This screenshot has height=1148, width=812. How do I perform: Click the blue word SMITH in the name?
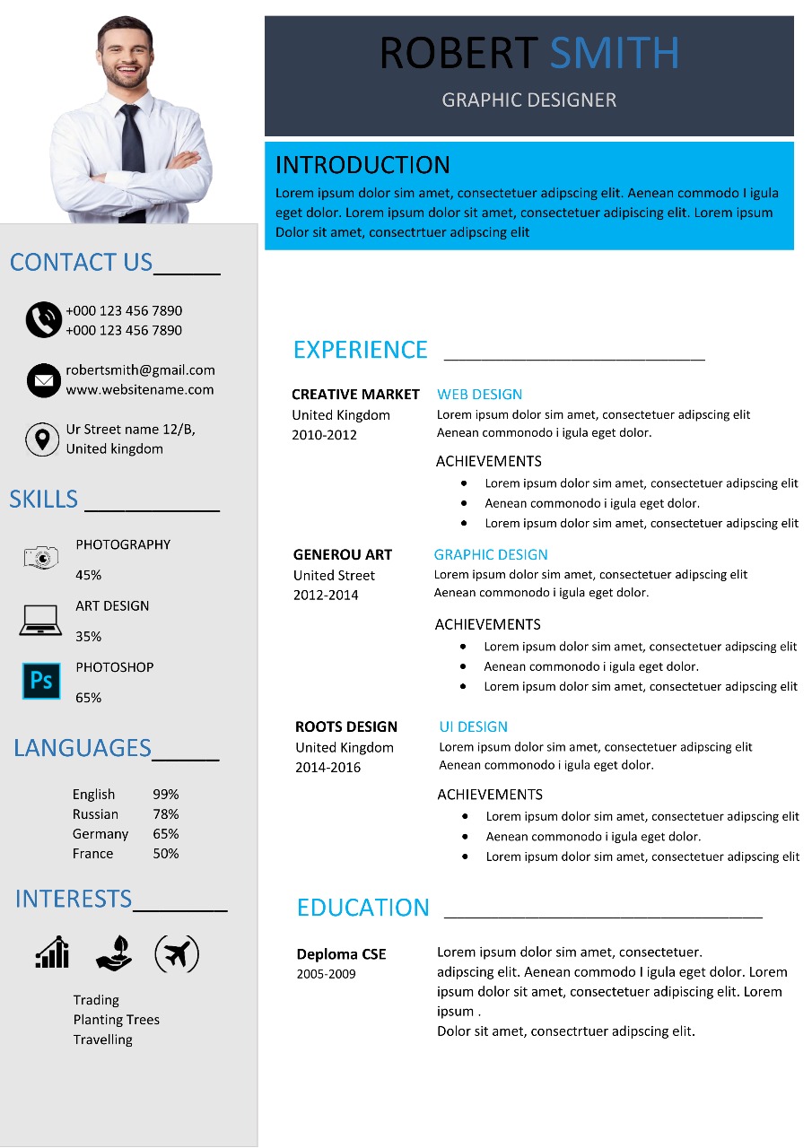[x=614, y=54]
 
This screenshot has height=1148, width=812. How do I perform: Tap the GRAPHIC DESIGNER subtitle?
[x=529, y=100]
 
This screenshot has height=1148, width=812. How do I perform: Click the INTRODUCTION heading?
[x=362, y=165]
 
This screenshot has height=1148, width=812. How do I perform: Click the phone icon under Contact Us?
[x=43, y=320]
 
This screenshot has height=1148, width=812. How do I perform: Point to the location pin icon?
[x=41, y=439]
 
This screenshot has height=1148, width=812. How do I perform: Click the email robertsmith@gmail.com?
[x=140, y=370]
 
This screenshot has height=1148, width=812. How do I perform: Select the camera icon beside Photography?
[x=41, y=558]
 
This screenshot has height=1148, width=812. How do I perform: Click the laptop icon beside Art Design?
[x=40, y=619]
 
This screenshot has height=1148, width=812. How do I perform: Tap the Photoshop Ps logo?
[x=41, y=681]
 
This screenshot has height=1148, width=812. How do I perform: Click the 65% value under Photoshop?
[x=88, y=698]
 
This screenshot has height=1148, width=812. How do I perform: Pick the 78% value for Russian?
[x=166, y=814]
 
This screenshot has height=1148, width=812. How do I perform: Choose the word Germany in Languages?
[x=100, y=834]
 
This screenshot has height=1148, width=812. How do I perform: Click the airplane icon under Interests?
[x=177, y=953]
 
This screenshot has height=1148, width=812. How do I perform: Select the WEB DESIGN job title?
[x=479, y=395]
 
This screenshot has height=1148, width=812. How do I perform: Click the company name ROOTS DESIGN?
[x=346, y=727]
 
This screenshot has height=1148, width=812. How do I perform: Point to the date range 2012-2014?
[x=326, y=596]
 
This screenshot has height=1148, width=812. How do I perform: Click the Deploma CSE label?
[x=341, y=954]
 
